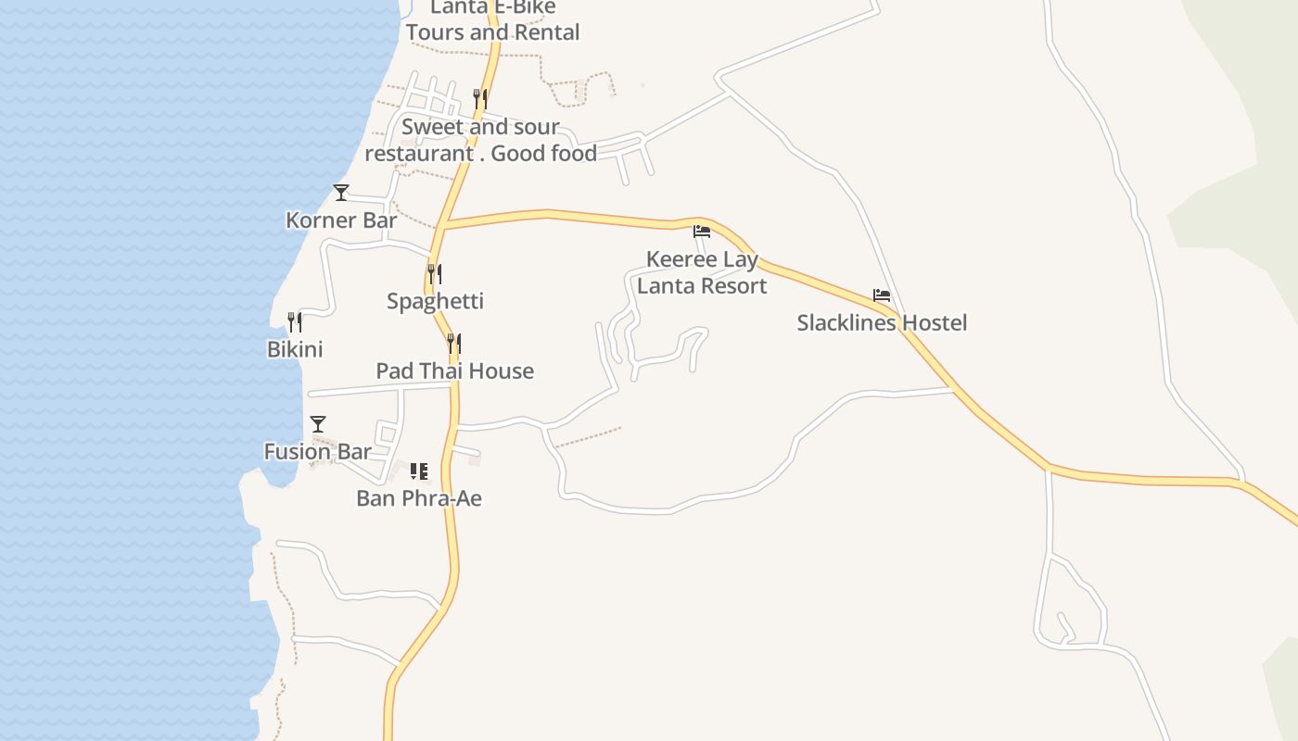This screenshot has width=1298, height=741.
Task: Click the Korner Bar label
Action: click(x=341, y=220)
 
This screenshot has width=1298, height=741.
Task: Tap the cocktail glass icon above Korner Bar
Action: click(x=341, y=193)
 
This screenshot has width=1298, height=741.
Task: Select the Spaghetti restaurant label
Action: click(x=435, y=301)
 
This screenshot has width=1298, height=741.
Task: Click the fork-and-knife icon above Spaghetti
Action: click(x=434, y=274)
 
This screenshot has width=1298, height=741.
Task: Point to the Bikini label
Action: click(x=295, y=349)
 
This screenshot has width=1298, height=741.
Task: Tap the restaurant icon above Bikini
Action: click(x=295, y=322)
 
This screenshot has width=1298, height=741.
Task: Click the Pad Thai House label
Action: click(x=454, y=370)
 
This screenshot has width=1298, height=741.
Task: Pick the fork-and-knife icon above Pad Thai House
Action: click(x=454, y=344)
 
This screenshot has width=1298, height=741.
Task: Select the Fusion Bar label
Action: click(x=317, y=452)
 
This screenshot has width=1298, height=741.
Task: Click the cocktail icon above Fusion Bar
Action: click(x=318, y=424)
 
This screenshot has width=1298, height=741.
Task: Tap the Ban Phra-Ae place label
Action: click(x=419, y=498)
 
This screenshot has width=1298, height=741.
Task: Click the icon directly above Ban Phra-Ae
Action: click(x=419, y=471)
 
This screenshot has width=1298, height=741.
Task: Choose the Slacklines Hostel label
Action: click(x=882, y=322)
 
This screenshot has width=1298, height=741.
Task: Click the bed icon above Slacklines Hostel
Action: click(x=882, y=295)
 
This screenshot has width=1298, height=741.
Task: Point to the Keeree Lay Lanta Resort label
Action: click(x=702, y=272)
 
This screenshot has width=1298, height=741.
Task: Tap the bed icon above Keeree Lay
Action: click(x=702, y=232)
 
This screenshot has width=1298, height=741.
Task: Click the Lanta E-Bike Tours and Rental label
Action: click(x=492, y=19)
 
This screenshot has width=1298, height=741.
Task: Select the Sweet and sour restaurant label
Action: click(x=480, y=140)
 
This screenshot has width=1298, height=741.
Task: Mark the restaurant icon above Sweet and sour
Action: click(x=480, y=97)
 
